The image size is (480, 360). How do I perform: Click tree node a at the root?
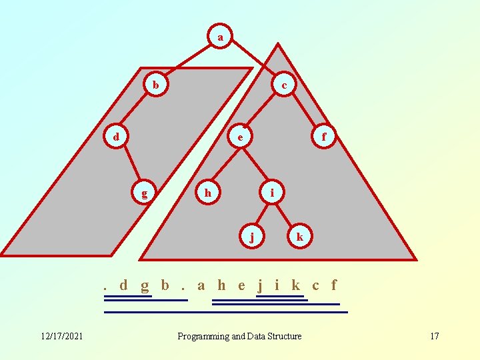220,37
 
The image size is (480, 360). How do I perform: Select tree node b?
155,85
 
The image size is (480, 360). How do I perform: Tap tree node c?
285,85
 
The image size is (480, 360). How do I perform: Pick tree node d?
116,137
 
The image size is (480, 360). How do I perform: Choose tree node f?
324,137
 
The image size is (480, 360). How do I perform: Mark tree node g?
144,193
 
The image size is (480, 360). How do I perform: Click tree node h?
208,193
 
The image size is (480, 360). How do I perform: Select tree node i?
271,193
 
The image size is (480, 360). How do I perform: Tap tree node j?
251,236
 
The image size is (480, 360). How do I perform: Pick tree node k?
300,236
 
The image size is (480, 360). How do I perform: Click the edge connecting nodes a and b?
187,61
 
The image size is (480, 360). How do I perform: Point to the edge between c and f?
305,111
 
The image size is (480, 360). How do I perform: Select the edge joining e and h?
224,165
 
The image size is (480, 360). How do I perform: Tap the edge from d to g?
130,165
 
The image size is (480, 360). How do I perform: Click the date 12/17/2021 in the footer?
61,336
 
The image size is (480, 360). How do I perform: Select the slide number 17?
434,336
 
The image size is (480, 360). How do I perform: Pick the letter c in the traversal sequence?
315,285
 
